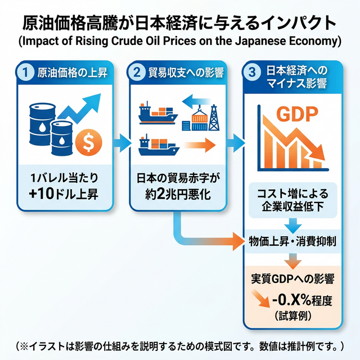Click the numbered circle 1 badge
pyautogui.click(x=25, y=72)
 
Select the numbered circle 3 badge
pyautogui.click(x=253, y=72)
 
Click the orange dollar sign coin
pyautogui.click(x=87, y=143)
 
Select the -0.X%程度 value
pyautogui.click(x=298, y=300)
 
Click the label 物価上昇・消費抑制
pyautogui.click(x=292, y=241)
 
